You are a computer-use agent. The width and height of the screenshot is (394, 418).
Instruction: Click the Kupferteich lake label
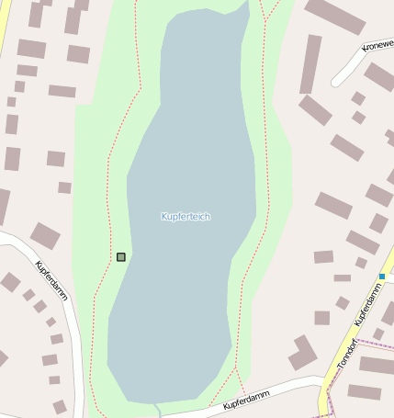point(186,217)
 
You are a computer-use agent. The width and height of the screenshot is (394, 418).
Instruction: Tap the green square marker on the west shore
point(121,257)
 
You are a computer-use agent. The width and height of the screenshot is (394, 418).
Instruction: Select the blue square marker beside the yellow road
point(382,276)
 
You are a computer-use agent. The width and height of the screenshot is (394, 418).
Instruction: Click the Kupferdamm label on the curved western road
point(52,280)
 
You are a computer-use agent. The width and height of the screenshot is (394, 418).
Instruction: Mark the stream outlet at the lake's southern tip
point(157,407)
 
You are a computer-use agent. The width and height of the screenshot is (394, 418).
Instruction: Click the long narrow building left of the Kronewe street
point(310,64)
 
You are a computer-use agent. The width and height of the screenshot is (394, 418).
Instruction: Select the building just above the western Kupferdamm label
point(44,235)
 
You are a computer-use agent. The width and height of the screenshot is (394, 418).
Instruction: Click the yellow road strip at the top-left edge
point(5,23)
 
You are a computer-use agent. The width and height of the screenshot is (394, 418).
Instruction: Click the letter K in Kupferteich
point(163,217)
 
